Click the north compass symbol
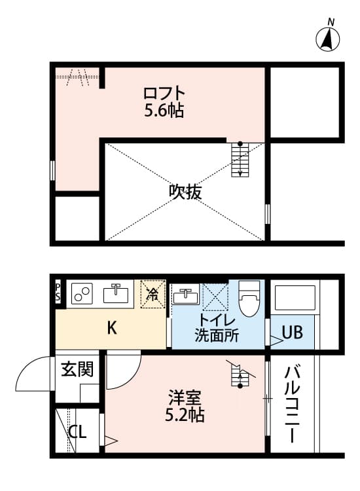329,40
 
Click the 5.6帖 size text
164,111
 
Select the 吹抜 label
185,192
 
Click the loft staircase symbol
240,160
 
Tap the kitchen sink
117,294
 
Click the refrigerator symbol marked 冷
153,295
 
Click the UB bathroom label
293,333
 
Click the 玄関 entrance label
77,369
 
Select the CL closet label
78,433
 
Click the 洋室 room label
185,397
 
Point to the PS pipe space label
58,291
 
